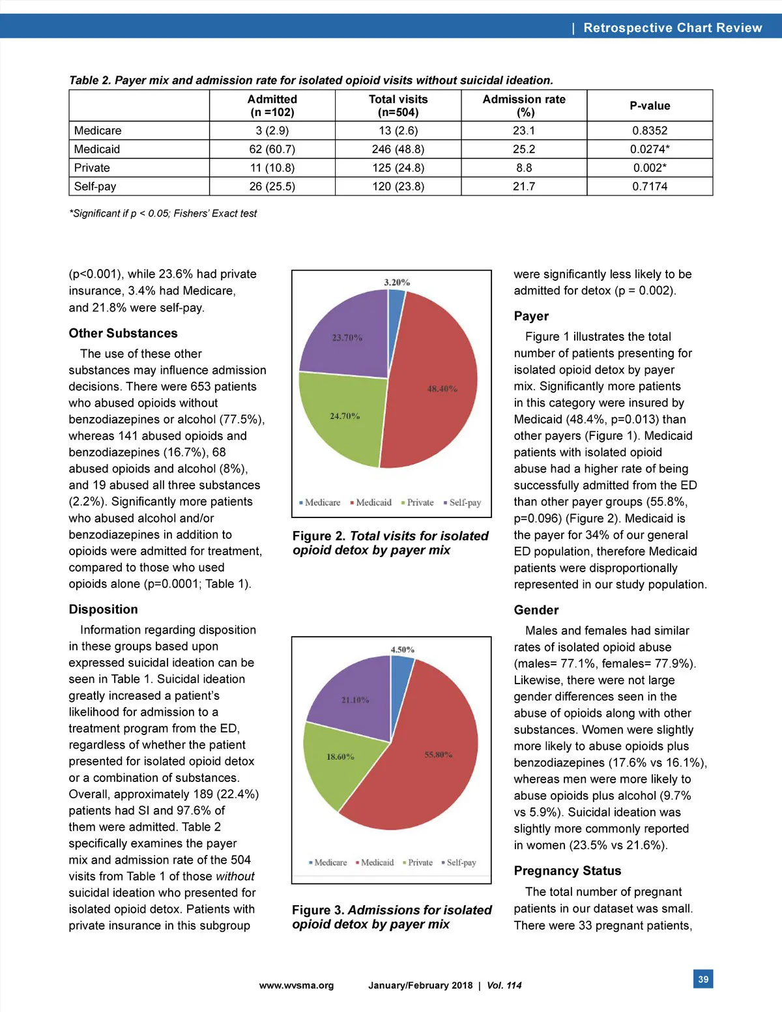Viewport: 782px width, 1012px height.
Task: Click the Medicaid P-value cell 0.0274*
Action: coord(650,149)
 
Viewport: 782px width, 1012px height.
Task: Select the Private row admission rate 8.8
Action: coord(524,167)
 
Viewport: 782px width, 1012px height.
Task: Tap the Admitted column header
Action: coord(272,106)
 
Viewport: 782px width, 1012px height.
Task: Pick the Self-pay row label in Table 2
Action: coord(95,186)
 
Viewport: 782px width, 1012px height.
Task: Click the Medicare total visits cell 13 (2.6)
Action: coord(398,130)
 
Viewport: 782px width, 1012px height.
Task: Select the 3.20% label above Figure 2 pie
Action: coord(397,282)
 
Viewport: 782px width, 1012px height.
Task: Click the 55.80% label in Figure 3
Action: coord(439,755)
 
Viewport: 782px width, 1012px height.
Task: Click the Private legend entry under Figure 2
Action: coord(418,502)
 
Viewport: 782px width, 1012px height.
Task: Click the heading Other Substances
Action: coord(123,333)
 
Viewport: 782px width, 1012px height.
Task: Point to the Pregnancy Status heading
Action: coord(568,871)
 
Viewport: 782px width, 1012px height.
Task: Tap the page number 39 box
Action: coord(703,979)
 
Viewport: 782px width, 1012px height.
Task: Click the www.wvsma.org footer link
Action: coord(297,985)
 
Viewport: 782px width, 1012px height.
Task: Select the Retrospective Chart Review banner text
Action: coord(673,27)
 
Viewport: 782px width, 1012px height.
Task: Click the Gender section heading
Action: coord(536,610)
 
